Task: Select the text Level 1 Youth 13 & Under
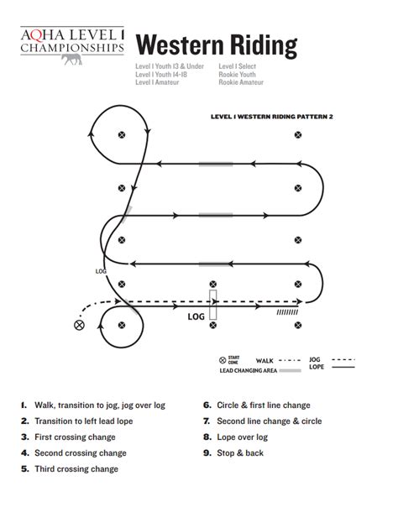click(x=169, y=65)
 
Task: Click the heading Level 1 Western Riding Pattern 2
click(x=272, y=118)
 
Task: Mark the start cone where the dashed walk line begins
click(x=80, y=325)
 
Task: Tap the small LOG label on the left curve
click(x=101, y=271)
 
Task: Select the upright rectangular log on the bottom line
click(x=213, y=302)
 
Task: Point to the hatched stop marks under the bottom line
click(x=288, y=312)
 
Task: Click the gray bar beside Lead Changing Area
click(x=290, y=370)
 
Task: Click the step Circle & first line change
click(x=263, y=405)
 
